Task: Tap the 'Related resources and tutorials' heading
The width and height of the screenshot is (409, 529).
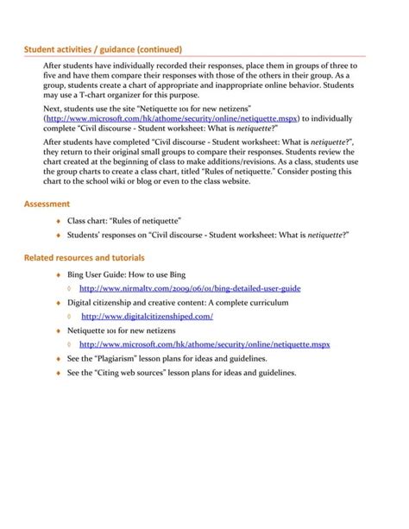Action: click(x=84, y=257)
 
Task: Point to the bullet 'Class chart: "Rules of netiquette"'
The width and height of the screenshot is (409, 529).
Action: click(x=123, y=221)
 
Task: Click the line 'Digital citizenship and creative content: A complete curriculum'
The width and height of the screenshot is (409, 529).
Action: click(x=178, y=303)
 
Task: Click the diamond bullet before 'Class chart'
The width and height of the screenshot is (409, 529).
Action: click(x=59, y=222)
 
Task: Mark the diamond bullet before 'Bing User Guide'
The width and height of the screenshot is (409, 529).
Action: click(x=59, y=275)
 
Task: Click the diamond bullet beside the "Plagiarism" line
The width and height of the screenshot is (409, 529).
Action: click(x=59, y=359)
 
